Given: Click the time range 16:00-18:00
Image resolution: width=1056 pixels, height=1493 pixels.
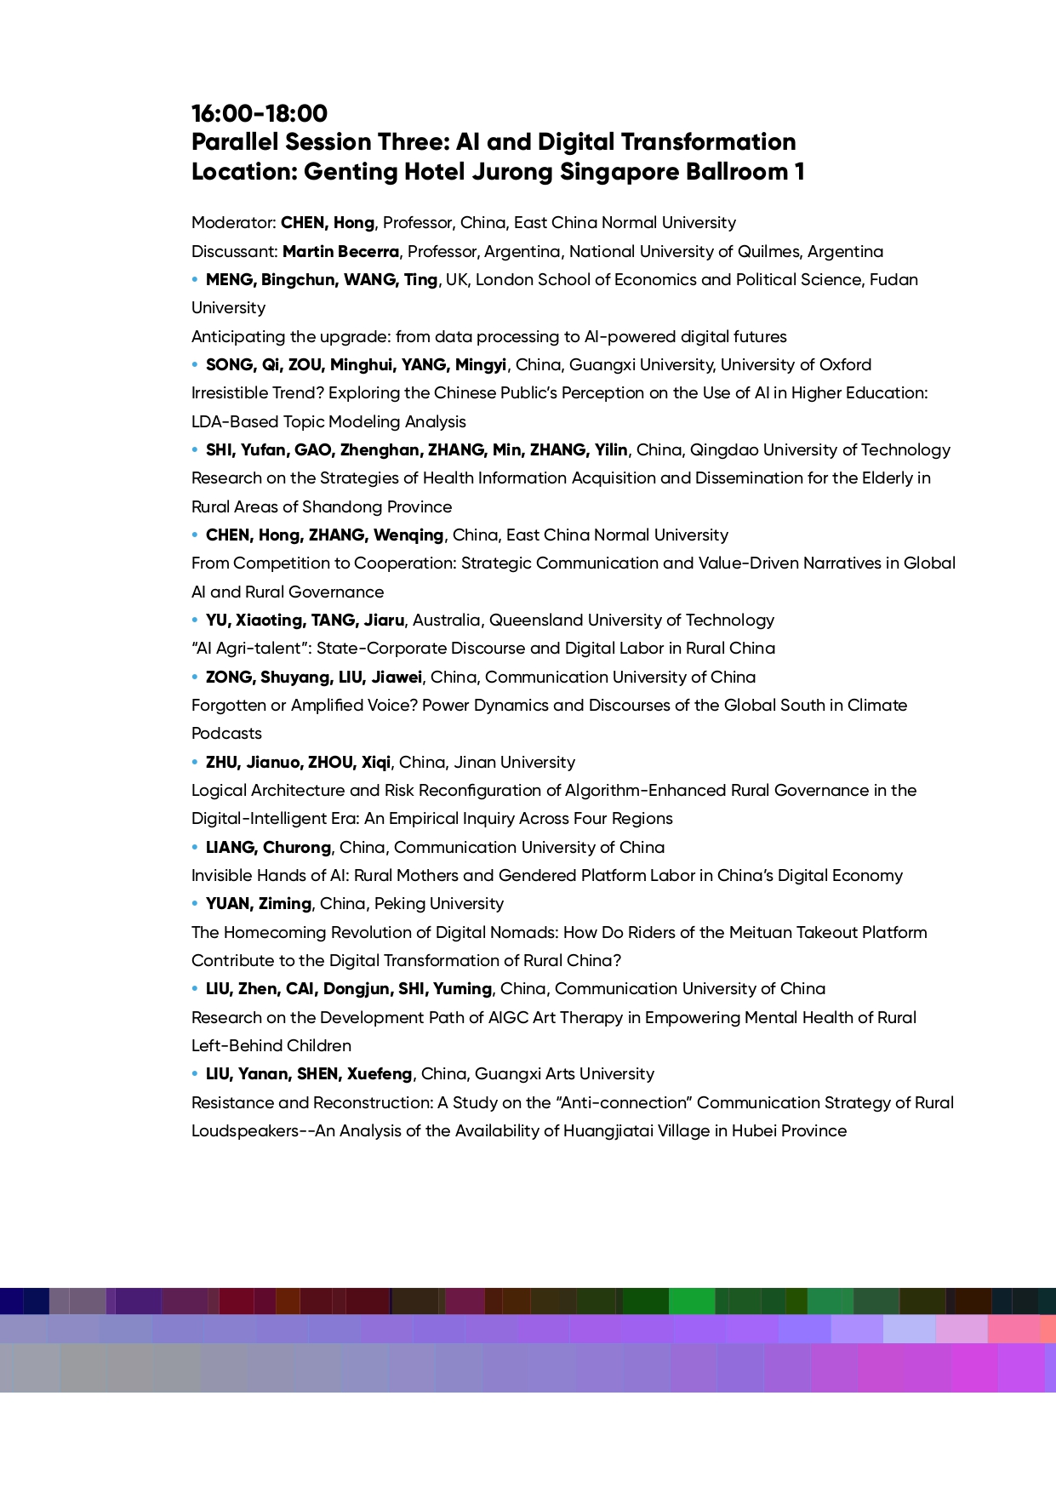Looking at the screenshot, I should (260, 113).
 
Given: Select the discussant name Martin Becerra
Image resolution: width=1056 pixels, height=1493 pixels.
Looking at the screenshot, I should (340, 251).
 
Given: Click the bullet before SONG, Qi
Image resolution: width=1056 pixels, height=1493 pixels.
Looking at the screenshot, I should (195, 364).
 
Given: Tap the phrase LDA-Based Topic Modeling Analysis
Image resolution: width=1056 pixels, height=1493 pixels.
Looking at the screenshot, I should (328, 422).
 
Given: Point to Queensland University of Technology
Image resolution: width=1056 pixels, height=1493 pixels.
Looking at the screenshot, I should (631, 621).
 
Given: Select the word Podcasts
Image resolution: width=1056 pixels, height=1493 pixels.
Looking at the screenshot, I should (226, 734).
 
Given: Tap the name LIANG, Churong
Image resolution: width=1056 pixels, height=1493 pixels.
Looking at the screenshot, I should (268, 848).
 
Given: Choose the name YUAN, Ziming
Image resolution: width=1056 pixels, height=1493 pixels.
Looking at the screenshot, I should (259, 904).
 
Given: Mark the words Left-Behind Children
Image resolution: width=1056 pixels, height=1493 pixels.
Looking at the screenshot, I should (271, 1046).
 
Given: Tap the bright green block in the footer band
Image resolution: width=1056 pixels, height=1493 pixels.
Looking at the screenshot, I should (691, 1301).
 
